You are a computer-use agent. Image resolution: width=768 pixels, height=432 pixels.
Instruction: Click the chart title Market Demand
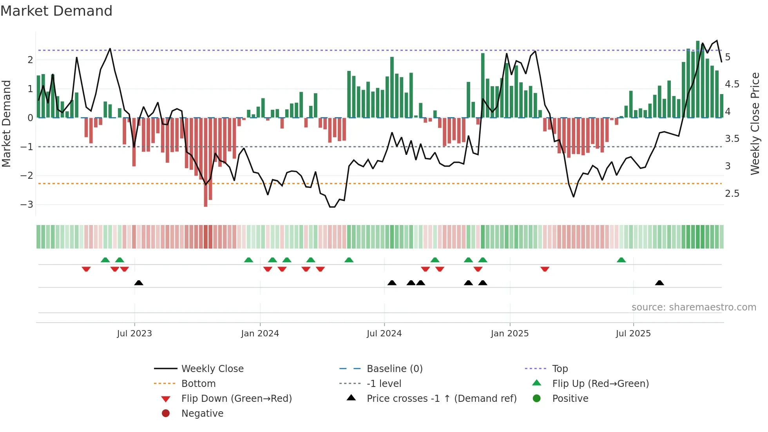point(56,11)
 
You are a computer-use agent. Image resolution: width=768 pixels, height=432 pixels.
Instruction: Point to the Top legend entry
point(560,368)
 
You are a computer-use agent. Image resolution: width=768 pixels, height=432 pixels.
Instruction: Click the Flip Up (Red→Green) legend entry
point(600,383)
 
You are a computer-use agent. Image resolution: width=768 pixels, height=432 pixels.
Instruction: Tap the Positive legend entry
point(570,398)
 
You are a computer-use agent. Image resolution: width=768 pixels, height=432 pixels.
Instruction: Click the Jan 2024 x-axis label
point(260,334)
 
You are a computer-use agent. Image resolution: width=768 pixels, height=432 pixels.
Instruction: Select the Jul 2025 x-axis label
point(633,334)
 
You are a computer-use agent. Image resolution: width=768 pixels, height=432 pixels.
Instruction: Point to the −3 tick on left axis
point(27,205)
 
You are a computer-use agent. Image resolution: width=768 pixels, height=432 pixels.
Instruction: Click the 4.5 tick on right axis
point(732,84)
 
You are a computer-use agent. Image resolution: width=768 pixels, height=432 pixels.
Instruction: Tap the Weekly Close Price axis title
point(755,123)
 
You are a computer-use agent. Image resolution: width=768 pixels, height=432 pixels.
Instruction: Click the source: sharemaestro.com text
point(694,307)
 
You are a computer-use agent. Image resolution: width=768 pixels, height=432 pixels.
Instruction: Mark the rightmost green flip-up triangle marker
point(621,260)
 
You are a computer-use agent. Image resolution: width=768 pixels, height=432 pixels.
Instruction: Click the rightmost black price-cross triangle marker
point(659,283)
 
